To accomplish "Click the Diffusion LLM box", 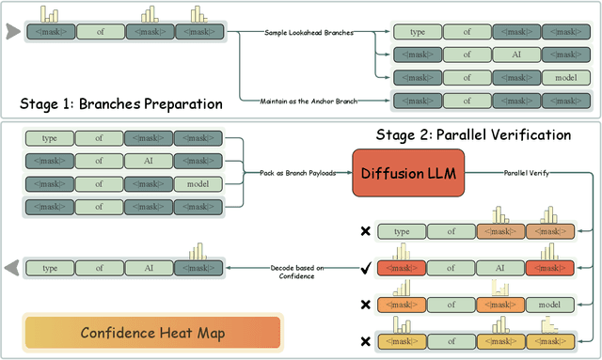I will pos(409,173).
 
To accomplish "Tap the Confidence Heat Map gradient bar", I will pos(151,333).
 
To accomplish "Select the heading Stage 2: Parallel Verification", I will pos(472,134).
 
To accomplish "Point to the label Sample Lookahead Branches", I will pos(311,33).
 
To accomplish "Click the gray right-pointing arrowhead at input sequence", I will pos(13,33).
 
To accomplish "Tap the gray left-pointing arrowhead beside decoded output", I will pos(13,268).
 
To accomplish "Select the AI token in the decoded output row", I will pos(149,268).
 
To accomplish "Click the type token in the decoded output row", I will pos(50,268).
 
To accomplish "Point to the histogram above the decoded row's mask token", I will pos(197,251).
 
